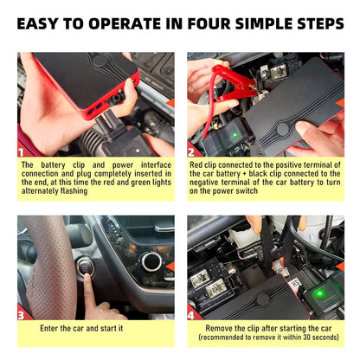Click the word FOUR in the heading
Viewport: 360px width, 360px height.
click(x=195, y=22)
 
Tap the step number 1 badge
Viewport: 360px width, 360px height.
click(x=23, y=151)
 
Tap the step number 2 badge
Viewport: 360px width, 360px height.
click(x=193, y=151)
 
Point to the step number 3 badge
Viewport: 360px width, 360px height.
click(x=23, y=315)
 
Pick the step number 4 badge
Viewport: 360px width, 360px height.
click(x=193, y=315)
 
